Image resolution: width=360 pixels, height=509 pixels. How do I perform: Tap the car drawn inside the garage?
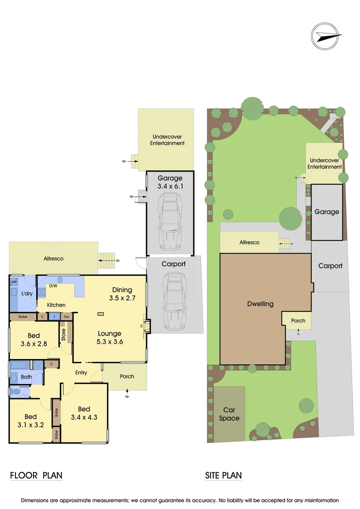[170, 222]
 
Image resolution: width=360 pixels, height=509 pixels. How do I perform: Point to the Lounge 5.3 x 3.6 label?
[110, 338]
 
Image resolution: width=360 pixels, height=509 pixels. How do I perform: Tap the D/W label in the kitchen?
[53, 286]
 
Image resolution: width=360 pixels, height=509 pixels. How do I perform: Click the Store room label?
[64, 335]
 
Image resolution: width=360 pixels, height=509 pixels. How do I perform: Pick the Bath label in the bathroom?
[26, 377]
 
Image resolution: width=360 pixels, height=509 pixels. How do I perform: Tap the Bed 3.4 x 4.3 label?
[84, 413]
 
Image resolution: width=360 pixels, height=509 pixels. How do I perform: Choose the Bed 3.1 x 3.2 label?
[31, 421]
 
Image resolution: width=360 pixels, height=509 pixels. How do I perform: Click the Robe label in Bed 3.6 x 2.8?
[23, 317]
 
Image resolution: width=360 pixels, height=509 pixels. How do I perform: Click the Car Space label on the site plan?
[229, 414]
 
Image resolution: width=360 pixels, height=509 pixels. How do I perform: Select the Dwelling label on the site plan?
[261, 304]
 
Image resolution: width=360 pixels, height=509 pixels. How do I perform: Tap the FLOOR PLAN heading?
[36, 475]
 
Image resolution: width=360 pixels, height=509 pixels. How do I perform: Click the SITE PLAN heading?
[223, 475]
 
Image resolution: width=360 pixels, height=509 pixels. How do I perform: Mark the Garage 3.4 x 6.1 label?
[170, 182]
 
